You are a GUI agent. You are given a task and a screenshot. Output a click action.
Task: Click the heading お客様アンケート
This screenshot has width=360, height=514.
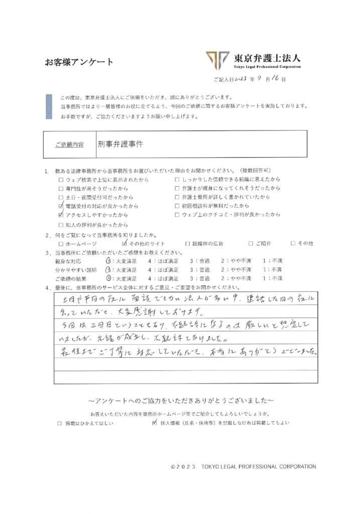79,62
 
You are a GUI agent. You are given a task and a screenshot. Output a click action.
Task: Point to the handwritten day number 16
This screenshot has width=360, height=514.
278,79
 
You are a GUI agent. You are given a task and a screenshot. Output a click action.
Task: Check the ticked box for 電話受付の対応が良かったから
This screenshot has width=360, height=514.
61,206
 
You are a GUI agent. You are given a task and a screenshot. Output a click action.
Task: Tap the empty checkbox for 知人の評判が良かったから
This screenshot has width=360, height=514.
61,224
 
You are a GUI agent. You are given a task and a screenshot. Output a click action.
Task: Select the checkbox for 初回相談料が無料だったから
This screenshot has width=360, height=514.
177,206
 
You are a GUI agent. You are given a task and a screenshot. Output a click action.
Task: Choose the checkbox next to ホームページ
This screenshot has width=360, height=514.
61,243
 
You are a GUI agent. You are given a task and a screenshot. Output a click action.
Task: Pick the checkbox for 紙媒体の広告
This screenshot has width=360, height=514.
187,243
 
